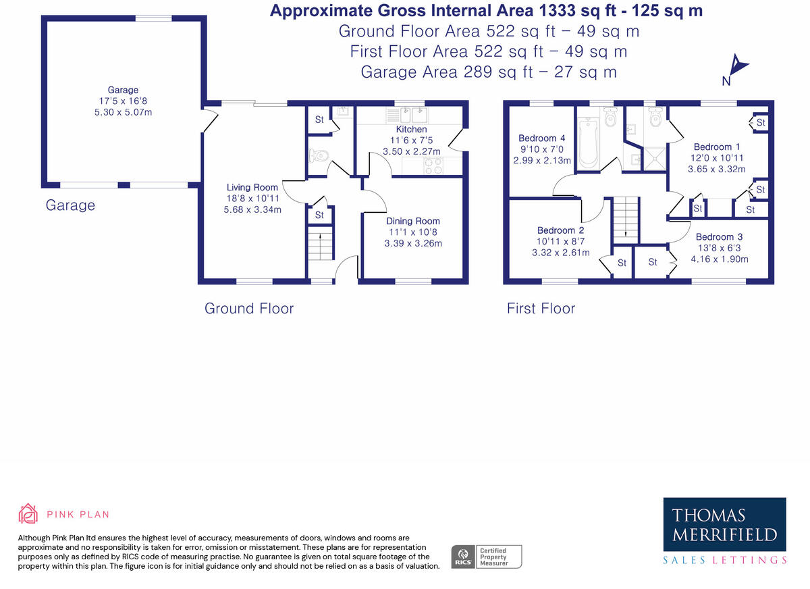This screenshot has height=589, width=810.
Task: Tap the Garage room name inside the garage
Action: [123, 90]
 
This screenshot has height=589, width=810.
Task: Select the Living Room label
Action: [252, 188]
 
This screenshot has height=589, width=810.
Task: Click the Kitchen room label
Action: [411, 129]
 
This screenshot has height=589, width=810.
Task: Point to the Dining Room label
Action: [412, 221]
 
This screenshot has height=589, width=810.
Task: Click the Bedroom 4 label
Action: [539, 138]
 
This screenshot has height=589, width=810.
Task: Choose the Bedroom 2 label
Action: [560, 230]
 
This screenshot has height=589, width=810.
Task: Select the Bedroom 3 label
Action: [719, 237]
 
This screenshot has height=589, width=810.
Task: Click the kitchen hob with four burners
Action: [431, 165]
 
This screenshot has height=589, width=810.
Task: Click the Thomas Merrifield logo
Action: [724, 531]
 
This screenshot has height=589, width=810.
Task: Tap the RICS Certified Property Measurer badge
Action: [486, 557]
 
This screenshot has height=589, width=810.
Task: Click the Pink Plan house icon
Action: [28, 514]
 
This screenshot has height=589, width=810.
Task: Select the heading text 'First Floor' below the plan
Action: [541, 309]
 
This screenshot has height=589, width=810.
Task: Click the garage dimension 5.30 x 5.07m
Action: [123, 112]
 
